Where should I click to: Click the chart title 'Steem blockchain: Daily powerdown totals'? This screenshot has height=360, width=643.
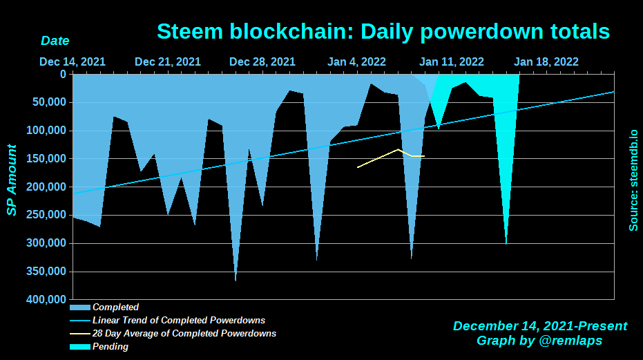[383, 31]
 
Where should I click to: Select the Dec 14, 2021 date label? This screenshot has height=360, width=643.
[73, 61]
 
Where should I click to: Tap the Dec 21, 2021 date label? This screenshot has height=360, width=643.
[168, 61]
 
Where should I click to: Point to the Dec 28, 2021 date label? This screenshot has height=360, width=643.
[262, 61]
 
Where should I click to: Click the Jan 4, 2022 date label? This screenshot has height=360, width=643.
[356, 61]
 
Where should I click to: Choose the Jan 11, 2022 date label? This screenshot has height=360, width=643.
[452, 61]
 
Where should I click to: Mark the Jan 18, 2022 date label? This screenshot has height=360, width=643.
[546, 61]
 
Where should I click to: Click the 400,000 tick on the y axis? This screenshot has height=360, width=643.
[46, 300]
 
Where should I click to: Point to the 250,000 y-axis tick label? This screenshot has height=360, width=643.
[46, 215]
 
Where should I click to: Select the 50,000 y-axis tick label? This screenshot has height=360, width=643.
[48, 102]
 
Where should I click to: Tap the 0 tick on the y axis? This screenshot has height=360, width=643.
[63, 74]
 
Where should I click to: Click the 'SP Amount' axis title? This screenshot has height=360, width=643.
[12, 180]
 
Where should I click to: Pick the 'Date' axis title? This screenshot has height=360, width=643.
[55, 41]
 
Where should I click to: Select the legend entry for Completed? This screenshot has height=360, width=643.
[115, 307]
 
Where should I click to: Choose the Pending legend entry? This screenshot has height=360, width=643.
[110, 347]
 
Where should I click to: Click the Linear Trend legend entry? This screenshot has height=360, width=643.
[178, 321]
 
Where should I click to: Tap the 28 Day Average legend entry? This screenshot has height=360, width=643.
[184, 334]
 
